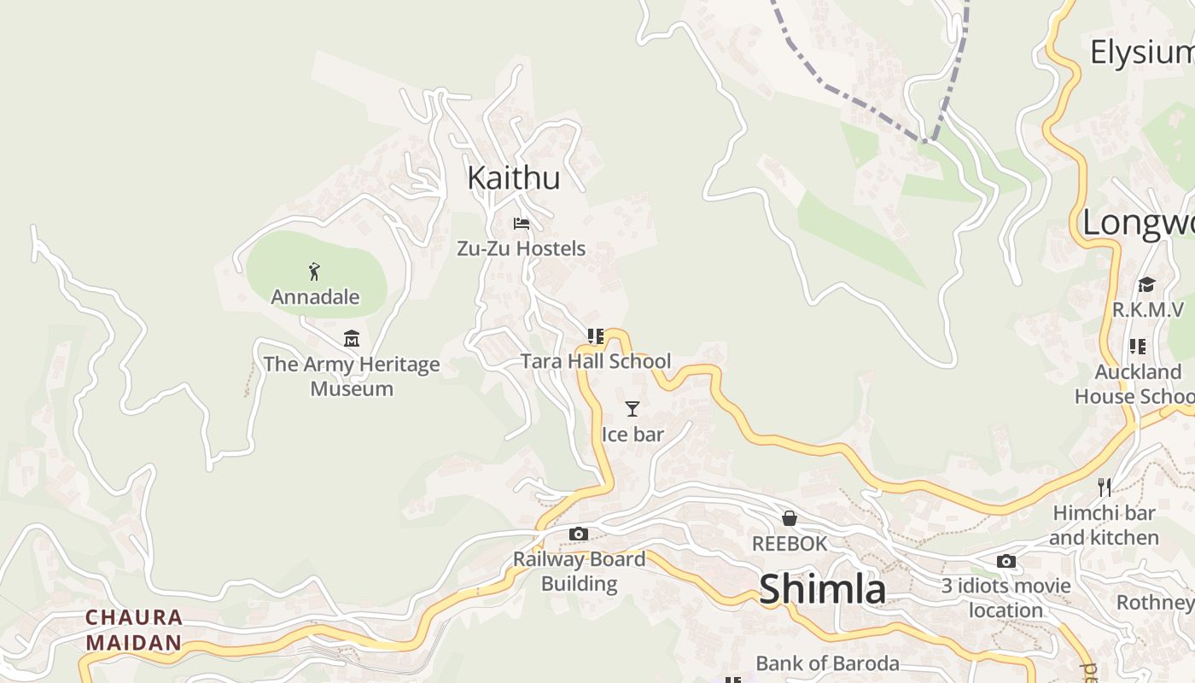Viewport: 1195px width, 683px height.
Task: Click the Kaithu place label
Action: [x=513, y=178]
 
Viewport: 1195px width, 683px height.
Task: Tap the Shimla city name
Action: [x=822, y=589]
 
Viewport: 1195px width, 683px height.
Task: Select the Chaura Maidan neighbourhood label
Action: [x=134, y=629]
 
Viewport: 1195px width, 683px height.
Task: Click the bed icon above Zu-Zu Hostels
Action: [x=522, y=224]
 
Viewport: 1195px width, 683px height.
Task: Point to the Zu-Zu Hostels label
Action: [x=522, y=248]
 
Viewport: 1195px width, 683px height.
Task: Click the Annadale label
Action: [x=315, y=297]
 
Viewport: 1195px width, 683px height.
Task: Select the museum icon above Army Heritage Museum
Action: [x=352, y=339]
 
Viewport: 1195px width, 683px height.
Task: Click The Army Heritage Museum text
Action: [x=352, y=376]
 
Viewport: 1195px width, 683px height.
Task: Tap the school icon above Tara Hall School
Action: [x=596, y=336]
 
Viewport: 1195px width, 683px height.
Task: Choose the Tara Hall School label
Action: [x=596, y=361]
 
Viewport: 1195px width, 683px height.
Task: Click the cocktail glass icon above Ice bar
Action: [x=632, y=409]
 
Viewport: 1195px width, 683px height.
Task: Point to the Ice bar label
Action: [x=632, y=434]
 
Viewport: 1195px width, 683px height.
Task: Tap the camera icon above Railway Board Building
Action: [x=579, y=534]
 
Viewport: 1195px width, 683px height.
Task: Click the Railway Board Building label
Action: [x=579, y=571]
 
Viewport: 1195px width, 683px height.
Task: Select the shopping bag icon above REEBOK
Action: [x=790, y=518]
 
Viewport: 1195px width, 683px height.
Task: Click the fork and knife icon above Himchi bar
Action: [x=1105, y=487]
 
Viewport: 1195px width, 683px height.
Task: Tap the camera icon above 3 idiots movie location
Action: [x=1006, y=561]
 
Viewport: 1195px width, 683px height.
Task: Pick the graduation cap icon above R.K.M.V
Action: [x=1146, y=284]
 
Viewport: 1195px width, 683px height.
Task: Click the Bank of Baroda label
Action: [x=827, y=663]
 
